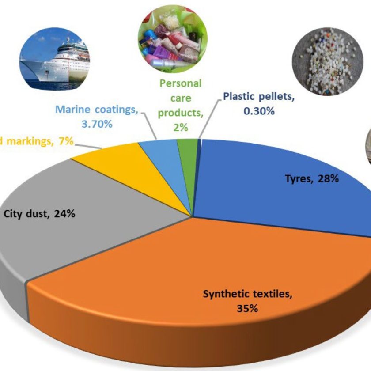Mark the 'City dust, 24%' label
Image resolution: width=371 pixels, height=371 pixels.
pyautogui.click(x=39, y=214)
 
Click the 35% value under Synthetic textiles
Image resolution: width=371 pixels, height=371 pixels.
pyautogui.click(x=247, y=308)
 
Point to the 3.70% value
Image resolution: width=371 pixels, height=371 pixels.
pyautogui.click(x=97, y=124)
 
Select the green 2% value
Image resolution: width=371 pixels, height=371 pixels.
pyautogui.click(x=181, y=128)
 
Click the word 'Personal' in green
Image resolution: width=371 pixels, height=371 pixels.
pyautogui.click(x=181, y=83)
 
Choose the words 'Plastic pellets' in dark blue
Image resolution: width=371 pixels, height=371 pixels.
pyautogui.click(x=257, y=96)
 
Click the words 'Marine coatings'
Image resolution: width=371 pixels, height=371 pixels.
pyautogui.click(x=96, y=109)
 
